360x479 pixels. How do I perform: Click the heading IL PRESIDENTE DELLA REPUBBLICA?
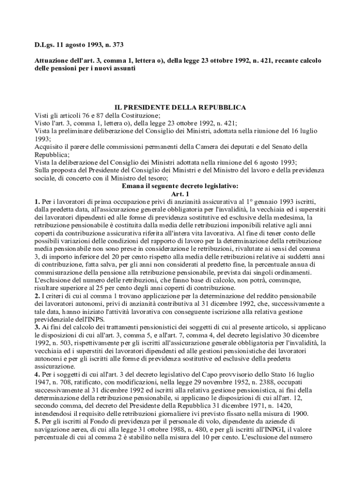pos(180,107)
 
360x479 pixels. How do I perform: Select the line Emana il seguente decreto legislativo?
pos(180,186)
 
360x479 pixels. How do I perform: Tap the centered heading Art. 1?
pos(180,194)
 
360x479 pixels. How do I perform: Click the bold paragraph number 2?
pos(37,296)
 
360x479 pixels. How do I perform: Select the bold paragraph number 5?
pos(37,422)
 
